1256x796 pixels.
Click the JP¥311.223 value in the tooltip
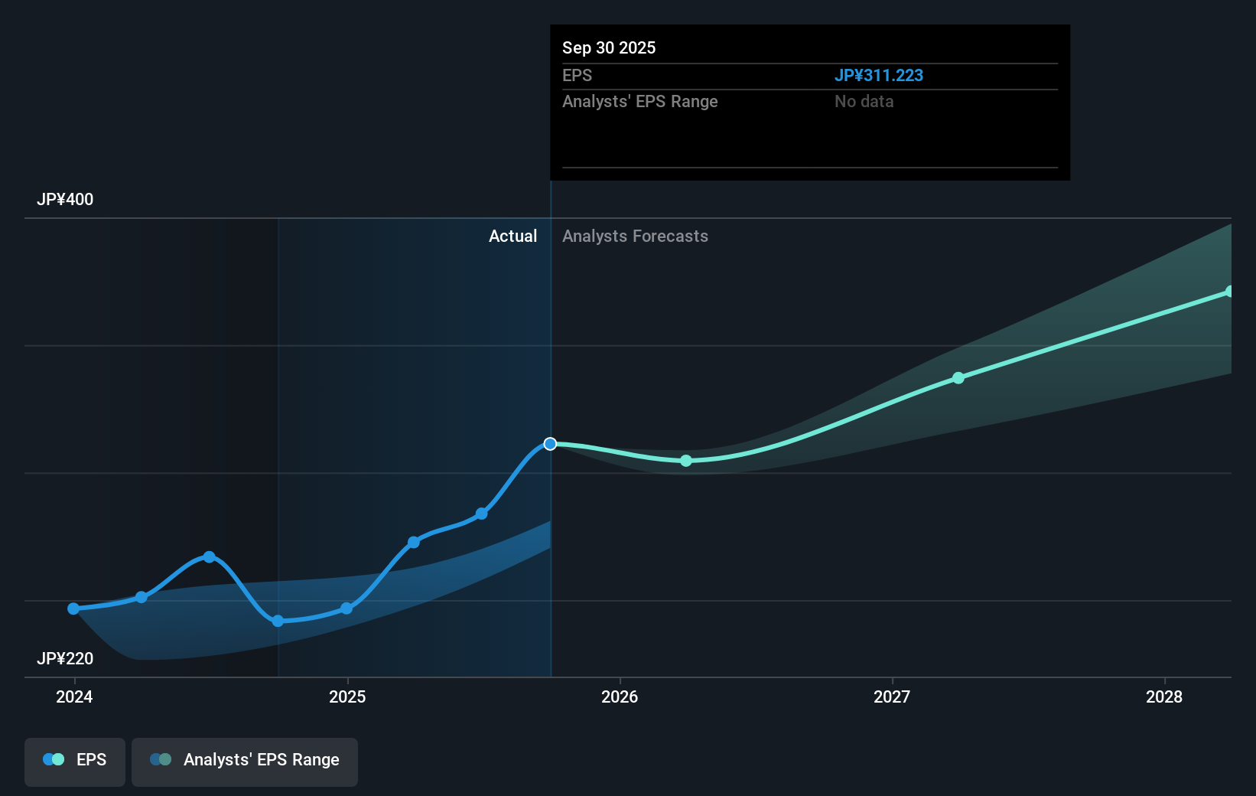(x=878, y=75)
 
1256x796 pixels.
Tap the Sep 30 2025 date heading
(x=609, y=47)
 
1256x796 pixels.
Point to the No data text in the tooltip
(x=864, y=101)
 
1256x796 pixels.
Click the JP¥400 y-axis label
(x=65, y=199)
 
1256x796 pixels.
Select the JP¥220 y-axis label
(x=65, y=658)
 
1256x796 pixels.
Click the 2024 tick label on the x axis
(x=74, y=696)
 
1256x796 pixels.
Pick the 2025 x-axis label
(x=347, y=696)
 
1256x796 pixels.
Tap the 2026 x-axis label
(x=620, y=696)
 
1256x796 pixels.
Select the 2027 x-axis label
(x=892, y=696)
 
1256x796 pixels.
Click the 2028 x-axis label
(x=1164, y=696)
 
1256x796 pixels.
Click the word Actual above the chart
(x=512, y=236)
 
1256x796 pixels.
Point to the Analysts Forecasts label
(x=635, y=236)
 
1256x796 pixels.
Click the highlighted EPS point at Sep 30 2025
(x=550, y=444)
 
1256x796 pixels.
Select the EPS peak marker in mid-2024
(x=209, y=556)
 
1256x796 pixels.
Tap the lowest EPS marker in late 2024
(x=278, y=621)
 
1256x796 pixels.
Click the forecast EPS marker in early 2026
(x=686, y=461)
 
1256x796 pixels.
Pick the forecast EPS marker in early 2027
(x=958, y=378)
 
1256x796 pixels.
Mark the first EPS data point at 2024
(x=73, y=608)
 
